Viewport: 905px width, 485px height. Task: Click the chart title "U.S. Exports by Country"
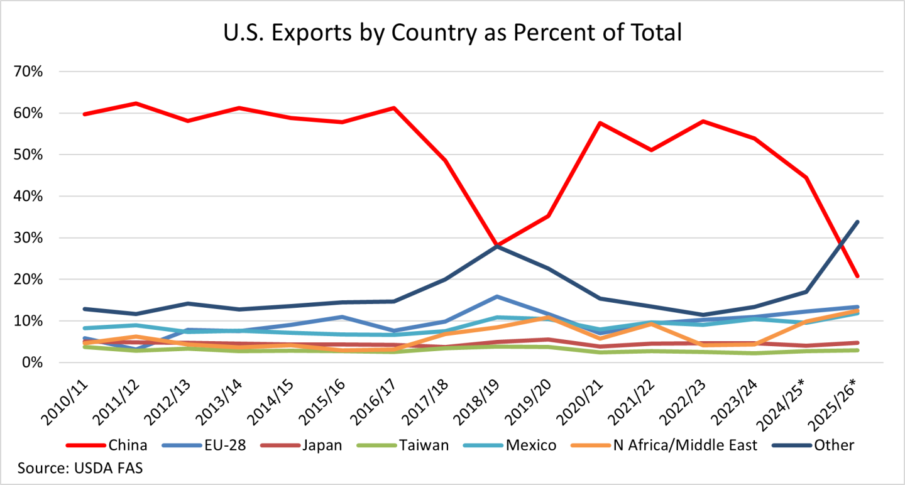click(452, 31)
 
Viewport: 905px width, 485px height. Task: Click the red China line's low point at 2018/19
click(497, 245)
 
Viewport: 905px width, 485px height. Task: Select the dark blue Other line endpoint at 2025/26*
click(858, 222)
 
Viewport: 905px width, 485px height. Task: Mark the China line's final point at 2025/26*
click(858, 276)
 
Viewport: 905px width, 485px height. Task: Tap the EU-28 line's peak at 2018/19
click(497, 297)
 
